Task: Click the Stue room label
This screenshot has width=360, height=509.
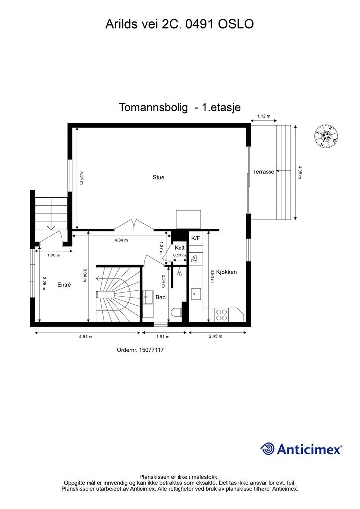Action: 158,177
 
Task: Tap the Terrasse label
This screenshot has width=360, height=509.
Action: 263,171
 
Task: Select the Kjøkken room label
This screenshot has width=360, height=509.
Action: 226,272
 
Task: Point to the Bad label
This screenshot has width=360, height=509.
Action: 161,297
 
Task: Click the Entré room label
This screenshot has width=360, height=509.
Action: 64,285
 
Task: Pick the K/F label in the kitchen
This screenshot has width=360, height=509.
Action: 196,238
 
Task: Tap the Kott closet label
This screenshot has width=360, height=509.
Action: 180,248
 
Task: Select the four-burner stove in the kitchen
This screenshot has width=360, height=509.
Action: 222,314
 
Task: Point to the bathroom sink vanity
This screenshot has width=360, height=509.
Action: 148,297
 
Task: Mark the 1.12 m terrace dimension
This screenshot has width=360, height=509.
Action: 264,117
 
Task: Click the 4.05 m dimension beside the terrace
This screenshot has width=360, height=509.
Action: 300,172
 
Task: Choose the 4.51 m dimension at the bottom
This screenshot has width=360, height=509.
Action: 85,337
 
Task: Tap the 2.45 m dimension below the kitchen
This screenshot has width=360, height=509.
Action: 215,337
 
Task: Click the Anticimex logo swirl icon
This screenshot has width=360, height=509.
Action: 268,449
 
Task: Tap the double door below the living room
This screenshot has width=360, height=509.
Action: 132,226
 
